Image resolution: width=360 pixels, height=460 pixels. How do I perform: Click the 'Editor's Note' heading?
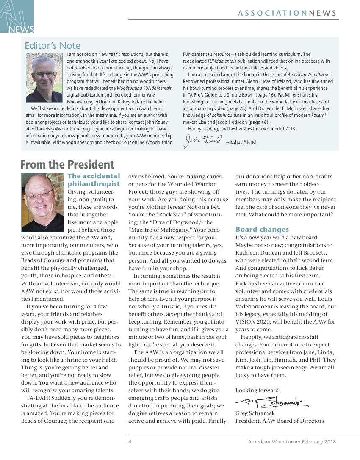pyautogui.click(x=53, y=45)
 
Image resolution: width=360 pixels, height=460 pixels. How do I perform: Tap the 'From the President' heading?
pyautogui.click(x=67, y=164)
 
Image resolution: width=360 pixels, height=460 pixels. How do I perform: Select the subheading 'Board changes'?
pyautogui.click(x=262, y=230)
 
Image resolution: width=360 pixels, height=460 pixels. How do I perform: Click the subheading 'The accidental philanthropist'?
pyautogui.click(x=94, y=180)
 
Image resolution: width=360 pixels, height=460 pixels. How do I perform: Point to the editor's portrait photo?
pyautogui.click(x=44, y=77)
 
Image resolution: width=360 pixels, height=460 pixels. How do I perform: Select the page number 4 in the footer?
pyautogui.click(x=130, y=442)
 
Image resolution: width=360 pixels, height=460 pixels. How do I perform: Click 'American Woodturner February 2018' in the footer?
pyautogui.click(x=292, y=442)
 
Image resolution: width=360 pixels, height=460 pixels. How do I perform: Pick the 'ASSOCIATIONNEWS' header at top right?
pyautogui.click(x=287, y=13)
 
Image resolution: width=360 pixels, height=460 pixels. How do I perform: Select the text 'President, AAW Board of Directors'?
pyautogui.click(x=280, y=421)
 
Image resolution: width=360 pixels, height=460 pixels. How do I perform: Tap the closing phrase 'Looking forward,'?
pyautogui.click(x=258, y=390)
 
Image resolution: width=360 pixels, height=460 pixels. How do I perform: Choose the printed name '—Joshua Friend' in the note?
pyautogui.click(x=241, y=142)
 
